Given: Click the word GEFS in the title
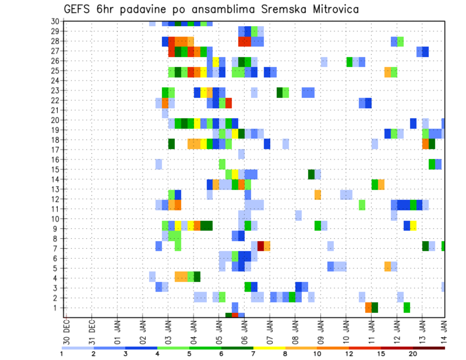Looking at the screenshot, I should (x=77, y=9).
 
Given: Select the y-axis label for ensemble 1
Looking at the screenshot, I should (x=57, y=308).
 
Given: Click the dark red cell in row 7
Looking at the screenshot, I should (x=261, y=245).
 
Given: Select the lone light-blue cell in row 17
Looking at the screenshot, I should (x=241, y=154).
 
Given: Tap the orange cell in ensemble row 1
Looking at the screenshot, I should (x=368, y=308).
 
